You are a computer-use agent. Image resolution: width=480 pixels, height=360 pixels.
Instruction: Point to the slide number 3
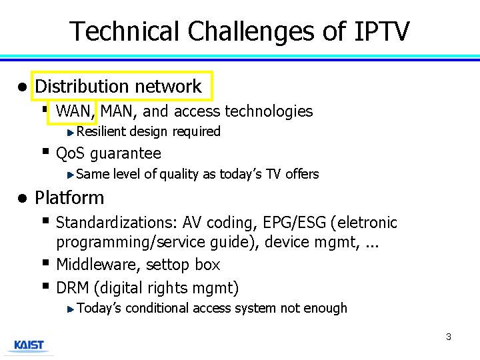click(x=448, y=337)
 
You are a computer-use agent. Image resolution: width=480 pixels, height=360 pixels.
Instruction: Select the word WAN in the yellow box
click(x=75, y=111)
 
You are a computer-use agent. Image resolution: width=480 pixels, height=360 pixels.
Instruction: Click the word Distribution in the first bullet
click(x=81, y=87)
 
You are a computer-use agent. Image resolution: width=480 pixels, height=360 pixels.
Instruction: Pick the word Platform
click(x=69, y=198)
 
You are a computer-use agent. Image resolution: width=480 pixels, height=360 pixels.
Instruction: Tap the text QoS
click(x=71, y=154)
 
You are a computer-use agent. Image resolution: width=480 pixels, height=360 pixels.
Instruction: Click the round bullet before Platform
click(x=22, y=198)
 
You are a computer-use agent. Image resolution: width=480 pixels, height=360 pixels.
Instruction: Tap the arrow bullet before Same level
click(x=72, y=175)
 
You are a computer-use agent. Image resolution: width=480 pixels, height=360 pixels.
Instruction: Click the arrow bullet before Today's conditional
click(x=72, y=309)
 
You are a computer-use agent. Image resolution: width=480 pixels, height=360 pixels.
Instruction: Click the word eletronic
click(x=366, y=223)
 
